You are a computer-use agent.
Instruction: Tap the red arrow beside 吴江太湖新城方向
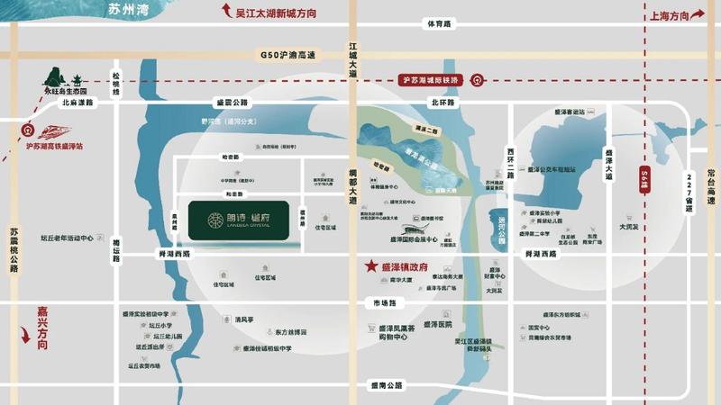coord(225,13)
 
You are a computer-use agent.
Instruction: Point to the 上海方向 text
coord(667,16)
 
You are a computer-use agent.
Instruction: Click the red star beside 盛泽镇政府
coord(370,266)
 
